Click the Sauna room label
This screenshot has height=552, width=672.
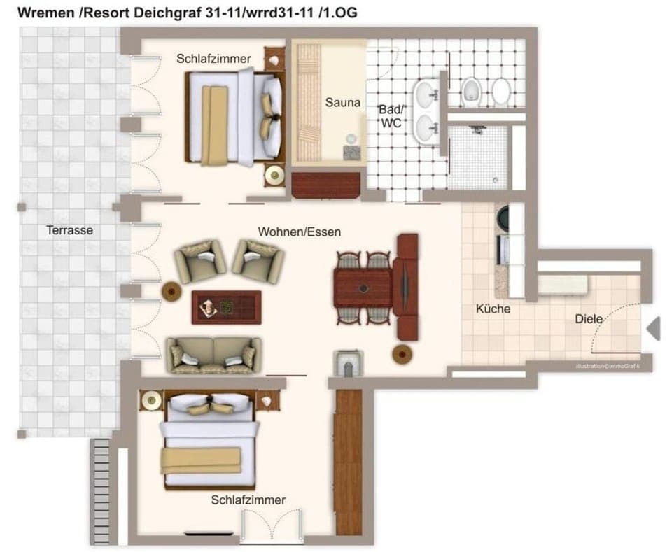pyautogui.click(x=343, y=102)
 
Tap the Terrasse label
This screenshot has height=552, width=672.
pyautogui.click(x=69, y=229)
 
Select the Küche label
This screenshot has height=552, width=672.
pyautogui.click(x=493, y=309)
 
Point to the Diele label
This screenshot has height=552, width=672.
pyautogui.click(x=589, y=318)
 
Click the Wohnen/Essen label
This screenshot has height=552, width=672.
pyautogui.click(x=300, y=232)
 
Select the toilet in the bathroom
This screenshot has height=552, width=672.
pyautogui.click(x=470, y=90)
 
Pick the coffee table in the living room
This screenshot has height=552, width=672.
pyautogui.click(x=226, y=306)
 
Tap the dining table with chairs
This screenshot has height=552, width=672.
pyautogui.click(x=363, y=288)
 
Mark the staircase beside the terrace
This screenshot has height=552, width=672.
pyautogui.click(x=102, y=490)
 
